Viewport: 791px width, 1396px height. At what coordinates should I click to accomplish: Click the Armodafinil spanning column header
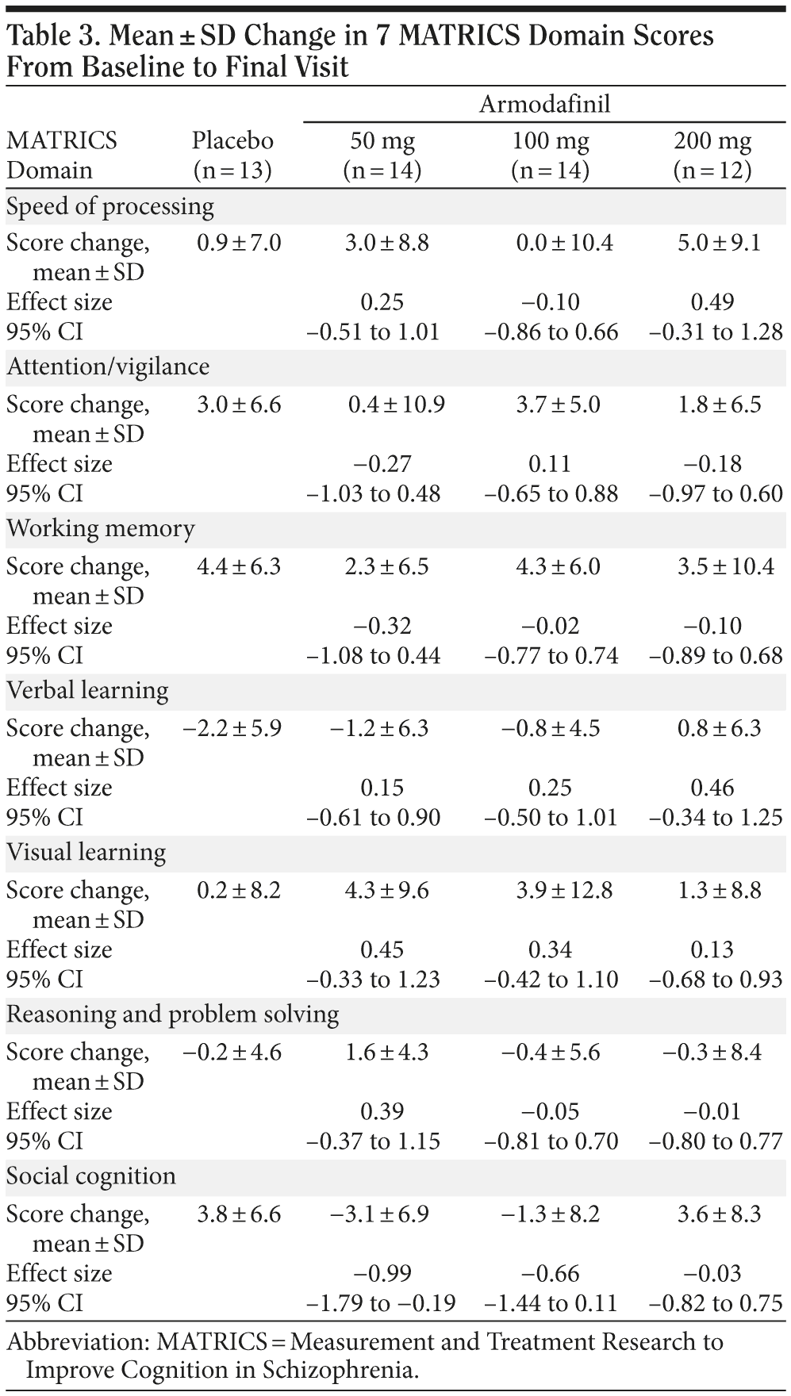tap(544, 104)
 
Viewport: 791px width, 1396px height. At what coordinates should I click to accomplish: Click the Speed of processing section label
tap(110, 206)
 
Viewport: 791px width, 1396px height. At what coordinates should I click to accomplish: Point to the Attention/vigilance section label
tap(108, 366)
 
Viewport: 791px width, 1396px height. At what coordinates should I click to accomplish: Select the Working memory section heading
tap(101, 528)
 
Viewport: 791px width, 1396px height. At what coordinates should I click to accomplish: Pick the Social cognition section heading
tap(91, 1175)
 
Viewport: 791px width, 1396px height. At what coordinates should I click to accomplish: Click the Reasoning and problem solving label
tap(173, 1014)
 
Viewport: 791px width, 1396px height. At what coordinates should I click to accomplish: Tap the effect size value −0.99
tap(382, 1273)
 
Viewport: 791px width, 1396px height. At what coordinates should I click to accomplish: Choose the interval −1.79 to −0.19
tap(382, 1303)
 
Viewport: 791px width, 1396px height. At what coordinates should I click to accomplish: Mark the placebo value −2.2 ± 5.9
tap(232, 727)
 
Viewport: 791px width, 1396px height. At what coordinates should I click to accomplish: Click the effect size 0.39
tap(382, 1111)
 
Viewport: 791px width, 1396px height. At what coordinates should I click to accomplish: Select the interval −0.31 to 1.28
tap(716, 332)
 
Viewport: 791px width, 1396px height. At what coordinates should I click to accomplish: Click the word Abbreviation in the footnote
tap(78, 1341)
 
